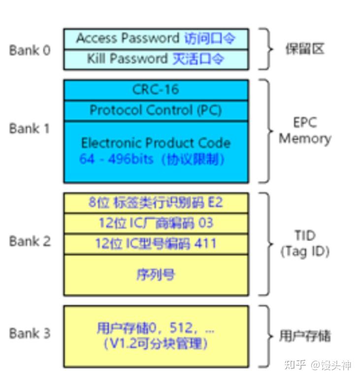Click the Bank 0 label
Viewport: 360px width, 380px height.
pyautogui.click(x=30, y=50)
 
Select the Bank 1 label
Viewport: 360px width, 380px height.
pyautogui.click(x=30, y=129)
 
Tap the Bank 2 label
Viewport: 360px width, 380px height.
pyautogui.click(x=30, y=242)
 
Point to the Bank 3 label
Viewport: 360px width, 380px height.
pyautogui.click(x=30, y=333)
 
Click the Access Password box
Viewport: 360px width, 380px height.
pyautogui.click(x=156, y=38)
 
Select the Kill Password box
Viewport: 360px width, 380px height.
pyautogui.click(x=156, y=59)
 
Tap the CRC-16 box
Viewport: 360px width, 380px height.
pyautogui.click(x=156, y=90)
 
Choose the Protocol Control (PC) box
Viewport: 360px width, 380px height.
pyautogui.click(x=156, y=110)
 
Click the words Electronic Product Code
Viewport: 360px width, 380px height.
pyautogui.click(x=156, y=143)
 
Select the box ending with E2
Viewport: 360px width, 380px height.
pyautogui.click(x=156, y=203)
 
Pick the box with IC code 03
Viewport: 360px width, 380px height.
pyautogui.click(x=156, y=223)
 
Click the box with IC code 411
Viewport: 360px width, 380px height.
pyautogui.click(x=156, y=243)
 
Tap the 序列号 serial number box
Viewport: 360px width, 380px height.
pyautogui.click(x=156, y=275)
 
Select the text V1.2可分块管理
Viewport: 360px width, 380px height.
pyautogui.click(x=156, y=344)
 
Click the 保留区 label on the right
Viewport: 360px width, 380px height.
pyautogui.click(x=305, y=49)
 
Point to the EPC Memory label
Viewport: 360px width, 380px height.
pyautogui.click(x=305, y=130)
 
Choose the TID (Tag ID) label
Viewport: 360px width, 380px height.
pyautogui.click(x=305, y=243)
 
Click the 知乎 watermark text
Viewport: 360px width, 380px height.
pyautogui.click(x=295, y=365)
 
